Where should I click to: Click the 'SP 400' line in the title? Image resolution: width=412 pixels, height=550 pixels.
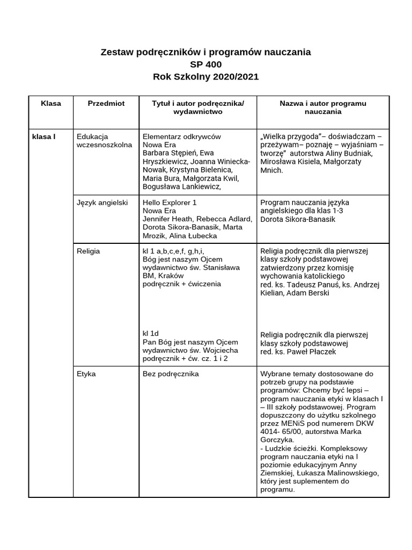click(x=205, y=64)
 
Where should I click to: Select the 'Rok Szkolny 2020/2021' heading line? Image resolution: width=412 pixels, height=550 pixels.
click(x=205, y=77)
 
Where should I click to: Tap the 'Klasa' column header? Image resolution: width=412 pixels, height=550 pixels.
click(x=51, y=103)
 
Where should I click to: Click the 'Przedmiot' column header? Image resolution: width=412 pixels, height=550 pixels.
click(x=106, y=103)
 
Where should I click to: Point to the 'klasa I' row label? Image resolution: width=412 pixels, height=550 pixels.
click(x=44, y=136)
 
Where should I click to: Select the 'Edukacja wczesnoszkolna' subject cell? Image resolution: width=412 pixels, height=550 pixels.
click(x=104, y=141)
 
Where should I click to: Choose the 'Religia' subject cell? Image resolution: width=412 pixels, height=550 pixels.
click(x=89, y=251)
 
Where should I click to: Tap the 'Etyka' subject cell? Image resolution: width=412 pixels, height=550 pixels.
click(x=86, y=374)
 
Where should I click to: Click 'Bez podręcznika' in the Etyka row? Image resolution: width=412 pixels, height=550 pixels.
click(x=171, y=374)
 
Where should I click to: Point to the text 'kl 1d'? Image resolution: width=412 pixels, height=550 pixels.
click(x=151, y=334)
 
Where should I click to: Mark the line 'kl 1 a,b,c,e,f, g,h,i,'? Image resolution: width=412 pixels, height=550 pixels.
click(x=173, y=251)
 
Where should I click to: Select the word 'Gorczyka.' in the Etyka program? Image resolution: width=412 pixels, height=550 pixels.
click(x=277, y=439)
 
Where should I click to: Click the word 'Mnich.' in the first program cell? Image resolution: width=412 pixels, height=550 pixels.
click(x=271, y=170)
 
